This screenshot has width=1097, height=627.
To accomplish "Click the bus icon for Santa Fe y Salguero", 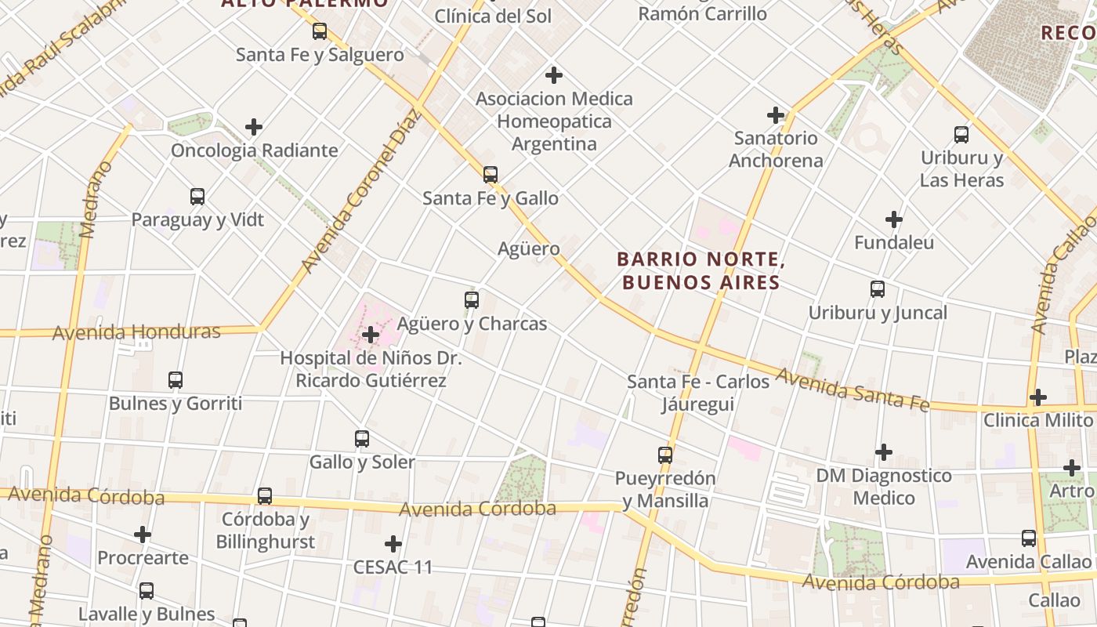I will (320, 31).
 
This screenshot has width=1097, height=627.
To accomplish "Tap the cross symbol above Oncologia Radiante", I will (254, 127).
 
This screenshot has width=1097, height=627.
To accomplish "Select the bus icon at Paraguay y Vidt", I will (197, 197).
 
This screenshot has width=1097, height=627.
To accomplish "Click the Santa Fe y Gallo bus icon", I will (491, 175).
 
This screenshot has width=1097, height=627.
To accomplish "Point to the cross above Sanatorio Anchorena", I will (776, 115).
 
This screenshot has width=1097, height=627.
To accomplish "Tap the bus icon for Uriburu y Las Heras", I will (961, 135).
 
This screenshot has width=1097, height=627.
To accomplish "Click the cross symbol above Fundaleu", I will (894, 219).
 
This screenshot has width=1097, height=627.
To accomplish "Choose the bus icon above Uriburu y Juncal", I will (878, 289).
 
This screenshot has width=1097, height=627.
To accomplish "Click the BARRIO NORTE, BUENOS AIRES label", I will (701, 270).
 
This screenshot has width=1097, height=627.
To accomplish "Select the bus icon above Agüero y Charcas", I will (472, 300).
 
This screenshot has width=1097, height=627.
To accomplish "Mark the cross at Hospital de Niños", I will (371, 335).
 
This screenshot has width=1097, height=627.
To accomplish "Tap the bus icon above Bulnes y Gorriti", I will (176, 380).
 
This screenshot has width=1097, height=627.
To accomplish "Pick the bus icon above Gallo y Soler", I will (362, 439).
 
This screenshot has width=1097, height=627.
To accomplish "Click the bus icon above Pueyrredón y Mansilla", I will (665, 455).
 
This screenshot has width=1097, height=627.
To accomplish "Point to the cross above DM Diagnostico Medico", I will (884, 452).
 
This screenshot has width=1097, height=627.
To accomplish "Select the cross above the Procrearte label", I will (143, 535).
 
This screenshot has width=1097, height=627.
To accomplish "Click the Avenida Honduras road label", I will (136, 332).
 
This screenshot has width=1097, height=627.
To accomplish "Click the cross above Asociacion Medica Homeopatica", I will (554, 75).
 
